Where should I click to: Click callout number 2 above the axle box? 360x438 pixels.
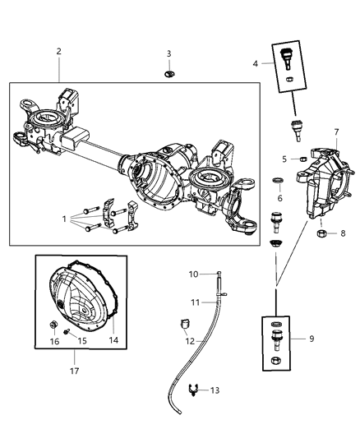point(59,51)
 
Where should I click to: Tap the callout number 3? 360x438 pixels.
point(168,54)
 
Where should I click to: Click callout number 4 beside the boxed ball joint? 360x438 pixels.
point(255,63)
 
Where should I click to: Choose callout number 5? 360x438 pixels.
point(284,158)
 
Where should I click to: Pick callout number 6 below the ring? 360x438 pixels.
point(279,198)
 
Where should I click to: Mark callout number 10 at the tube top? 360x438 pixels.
point(195,274)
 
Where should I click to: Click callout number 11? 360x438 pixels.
point(195,302)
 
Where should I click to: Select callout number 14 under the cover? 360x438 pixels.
point(114,340)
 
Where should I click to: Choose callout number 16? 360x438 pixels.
point(54,340)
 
